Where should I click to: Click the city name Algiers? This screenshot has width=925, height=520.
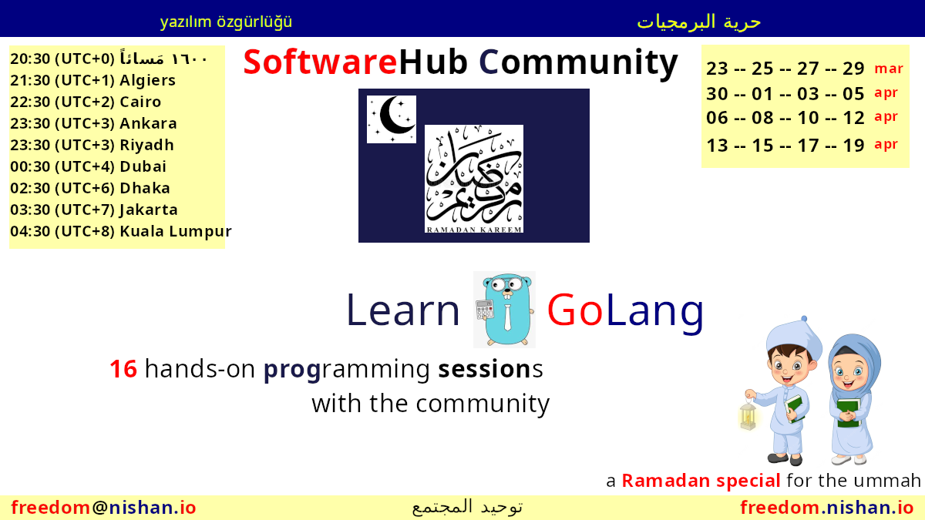147,80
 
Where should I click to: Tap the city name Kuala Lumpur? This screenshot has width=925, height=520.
176,231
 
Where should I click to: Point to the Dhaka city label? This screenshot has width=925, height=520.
145,188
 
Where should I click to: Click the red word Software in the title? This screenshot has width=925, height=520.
321,62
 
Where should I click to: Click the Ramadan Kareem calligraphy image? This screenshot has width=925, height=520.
474,179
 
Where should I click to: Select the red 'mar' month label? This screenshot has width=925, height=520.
889,69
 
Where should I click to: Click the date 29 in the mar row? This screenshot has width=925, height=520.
853,69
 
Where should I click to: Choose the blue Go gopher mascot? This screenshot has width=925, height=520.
505,310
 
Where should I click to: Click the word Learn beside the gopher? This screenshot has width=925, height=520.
403,310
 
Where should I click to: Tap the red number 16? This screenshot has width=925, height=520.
123,368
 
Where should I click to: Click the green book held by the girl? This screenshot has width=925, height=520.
849,413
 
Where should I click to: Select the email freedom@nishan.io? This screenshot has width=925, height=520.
103,507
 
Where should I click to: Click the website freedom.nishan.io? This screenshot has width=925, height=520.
826,507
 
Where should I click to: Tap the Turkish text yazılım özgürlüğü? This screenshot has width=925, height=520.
226,22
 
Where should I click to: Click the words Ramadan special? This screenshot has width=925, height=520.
701,481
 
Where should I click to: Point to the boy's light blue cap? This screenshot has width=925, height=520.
793,335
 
